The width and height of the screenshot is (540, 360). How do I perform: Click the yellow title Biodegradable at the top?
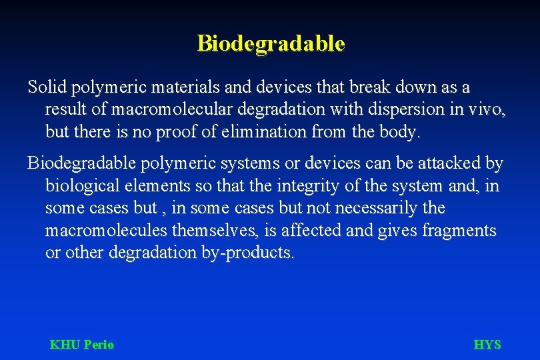coord(271,43)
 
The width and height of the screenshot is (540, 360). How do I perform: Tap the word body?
coord(396,132)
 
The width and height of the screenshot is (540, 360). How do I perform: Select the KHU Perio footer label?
coord(82,345)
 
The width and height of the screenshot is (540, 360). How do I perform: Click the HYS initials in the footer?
coord(487,345)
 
